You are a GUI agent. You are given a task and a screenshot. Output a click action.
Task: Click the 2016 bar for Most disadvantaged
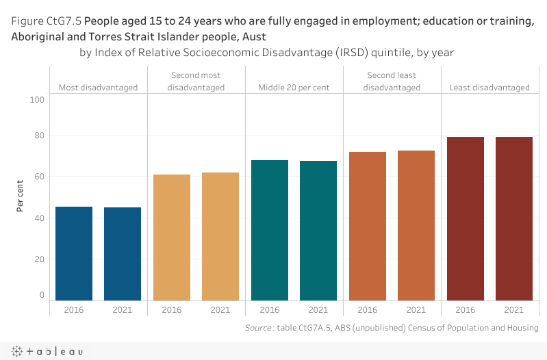point(74,253)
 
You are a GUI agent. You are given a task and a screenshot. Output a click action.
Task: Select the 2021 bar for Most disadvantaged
point(123,253)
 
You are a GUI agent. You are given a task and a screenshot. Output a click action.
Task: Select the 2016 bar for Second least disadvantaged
point(368,226)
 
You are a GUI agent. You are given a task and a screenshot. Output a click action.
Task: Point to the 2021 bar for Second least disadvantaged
point(416,225)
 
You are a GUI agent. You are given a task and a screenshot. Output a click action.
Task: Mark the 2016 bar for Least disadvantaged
point(466,218)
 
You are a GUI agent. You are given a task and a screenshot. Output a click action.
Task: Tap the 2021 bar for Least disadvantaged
point(514,218)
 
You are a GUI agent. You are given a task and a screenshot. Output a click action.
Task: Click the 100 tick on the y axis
point(37,100)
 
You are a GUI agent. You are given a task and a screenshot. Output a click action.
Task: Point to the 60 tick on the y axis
point(39,177)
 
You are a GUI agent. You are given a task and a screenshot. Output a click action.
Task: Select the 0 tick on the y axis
point(42,295)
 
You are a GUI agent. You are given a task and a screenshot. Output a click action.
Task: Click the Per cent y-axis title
point(21,195)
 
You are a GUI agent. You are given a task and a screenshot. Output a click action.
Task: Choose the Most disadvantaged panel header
point(98,88)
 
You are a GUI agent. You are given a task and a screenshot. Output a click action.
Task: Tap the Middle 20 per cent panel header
point(294,88)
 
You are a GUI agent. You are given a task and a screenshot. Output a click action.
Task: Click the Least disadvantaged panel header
point(489,88)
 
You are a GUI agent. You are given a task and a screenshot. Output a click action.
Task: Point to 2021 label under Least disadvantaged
point(514,309)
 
